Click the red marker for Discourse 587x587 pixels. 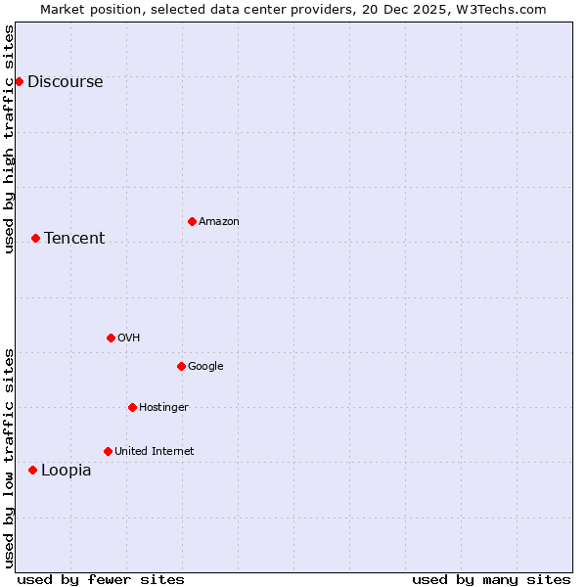pyautogui.click(x=19, y=81)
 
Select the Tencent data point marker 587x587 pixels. pyautogui.click(x=35, y=238)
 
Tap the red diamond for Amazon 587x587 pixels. pyautogui.click(x=192, y=221)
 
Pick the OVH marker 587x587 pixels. pyautogui.click(x=111, y=338)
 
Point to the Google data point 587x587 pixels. pyautogui.click(x=181, y=366)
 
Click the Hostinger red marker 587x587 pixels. pyautogui.click(x=132, y=407)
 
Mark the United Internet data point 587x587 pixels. pyautogui.click(x=108, y=451)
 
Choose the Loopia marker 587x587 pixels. pyautogui.click(x=32, y=470)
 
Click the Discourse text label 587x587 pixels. pyautogui.click(x=65, y=82)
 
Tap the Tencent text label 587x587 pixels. pyautogui.click(x=74, y=239)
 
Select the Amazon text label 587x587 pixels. pyautogui.click(x=219, y=222)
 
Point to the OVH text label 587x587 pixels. pyautogui.click(x=128, y=339)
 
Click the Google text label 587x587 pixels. pyautogui.click(x=205, y=367)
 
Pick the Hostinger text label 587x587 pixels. pyautogui.click(x=163, y=408)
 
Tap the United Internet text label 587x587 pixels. pyautogui.click(x=154, y=452)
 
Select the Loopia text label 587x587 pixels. pyautogui.click(x=66, y=471)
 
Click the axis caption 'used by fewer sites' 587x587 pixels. pyautogui.click(x=101, y=579)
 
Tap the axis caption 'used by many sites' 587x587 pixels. pyautogui.click(x=491, y=579)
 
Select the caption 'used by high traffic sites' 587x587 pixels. pyautogui.click(x=9, y=139)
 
